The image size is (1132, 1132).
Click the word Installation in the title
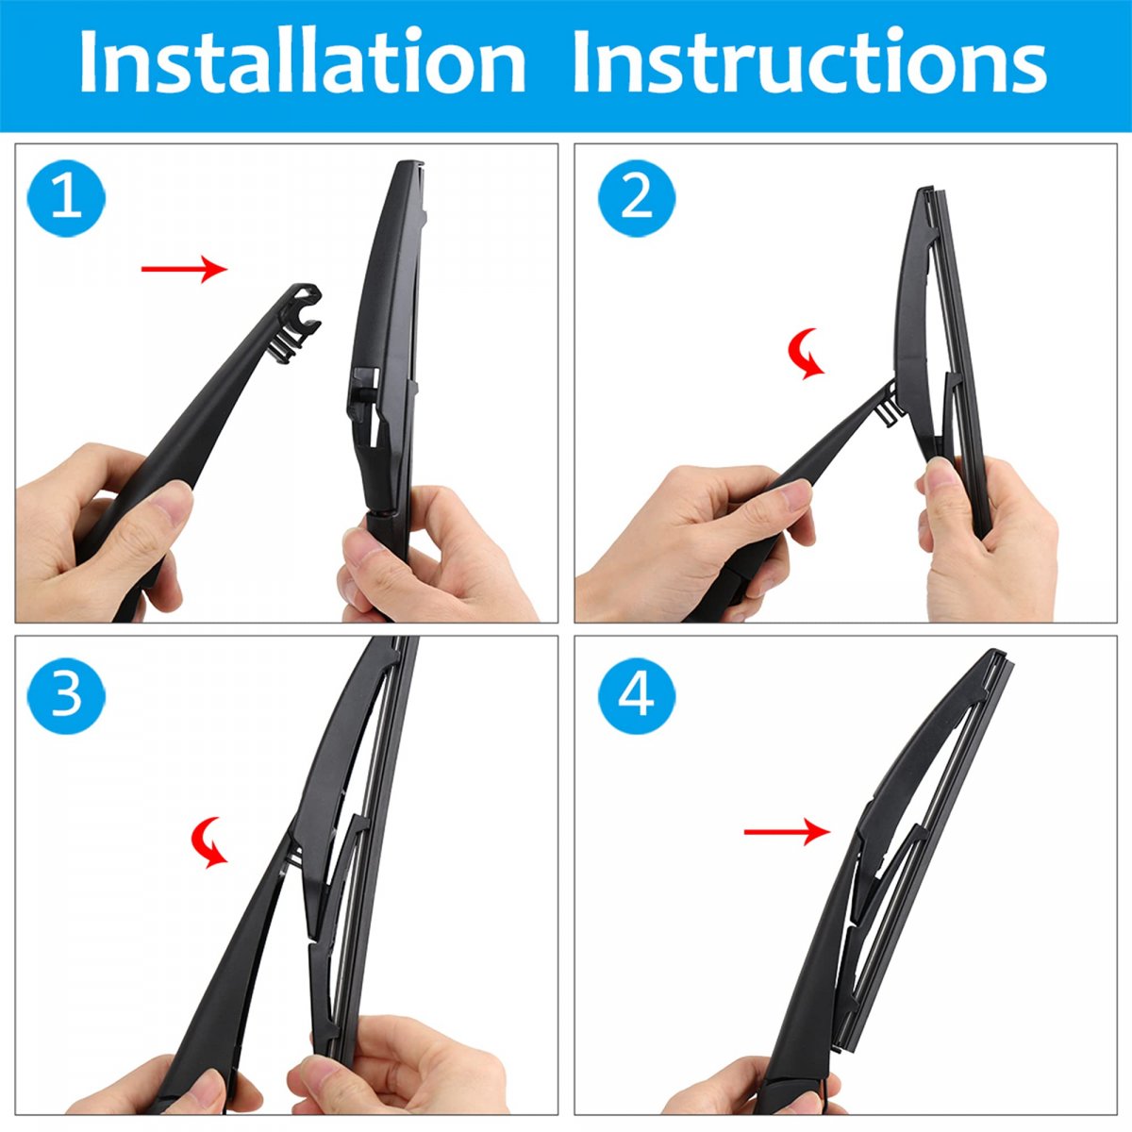pyautogui.click(x=303, y=60)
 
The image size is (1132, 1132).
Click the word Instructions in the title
pyautogui.click(x=809, y=60)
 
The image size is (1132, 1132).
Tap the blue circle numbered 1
pyautogui.click(x=66, y=198)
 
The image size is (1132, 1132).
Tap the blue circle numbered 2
pyautogui.click(x=637, y=198)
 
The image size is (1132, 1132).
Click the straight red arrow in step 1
pyautogui.click(x=185, y=269)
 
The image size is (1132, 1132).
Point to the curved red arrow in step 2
pyautogui.click(x=805, y=355)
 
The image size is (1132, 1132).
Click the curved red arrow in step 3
pyautogui.click(x=209, y=841)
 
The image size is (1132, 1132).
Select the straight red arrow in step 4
pyautogui.click(x=787, y=831)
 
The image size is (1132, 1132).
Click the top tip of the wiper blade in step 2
pyautogui.click(x=925, y=190)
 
